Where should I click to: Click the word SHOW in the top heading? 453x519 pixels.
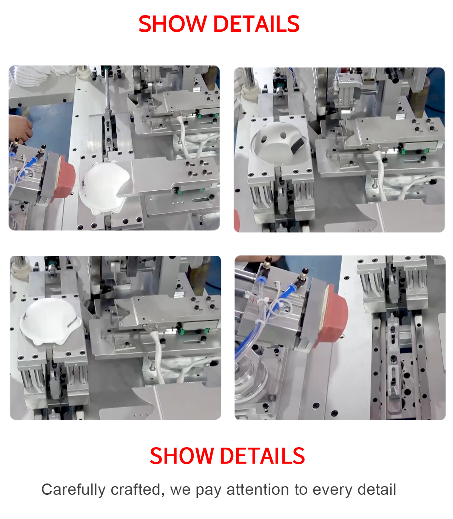173,24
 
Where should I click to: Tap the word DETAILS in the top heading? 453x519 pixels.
257,24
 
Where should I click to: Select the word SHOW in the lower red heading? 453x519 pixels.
182,456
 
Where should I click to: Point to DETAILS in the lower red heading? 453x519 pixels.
262,456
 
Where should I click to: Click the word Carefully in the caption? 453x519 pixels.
73,490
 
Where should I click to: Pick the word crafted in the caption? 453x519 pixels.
137,489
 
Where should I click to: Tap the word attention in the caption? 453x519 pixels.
257,490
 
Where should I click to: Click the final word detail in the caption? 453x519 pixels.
377,489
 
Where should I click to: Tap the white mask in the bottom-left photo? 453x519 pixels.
50,321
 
